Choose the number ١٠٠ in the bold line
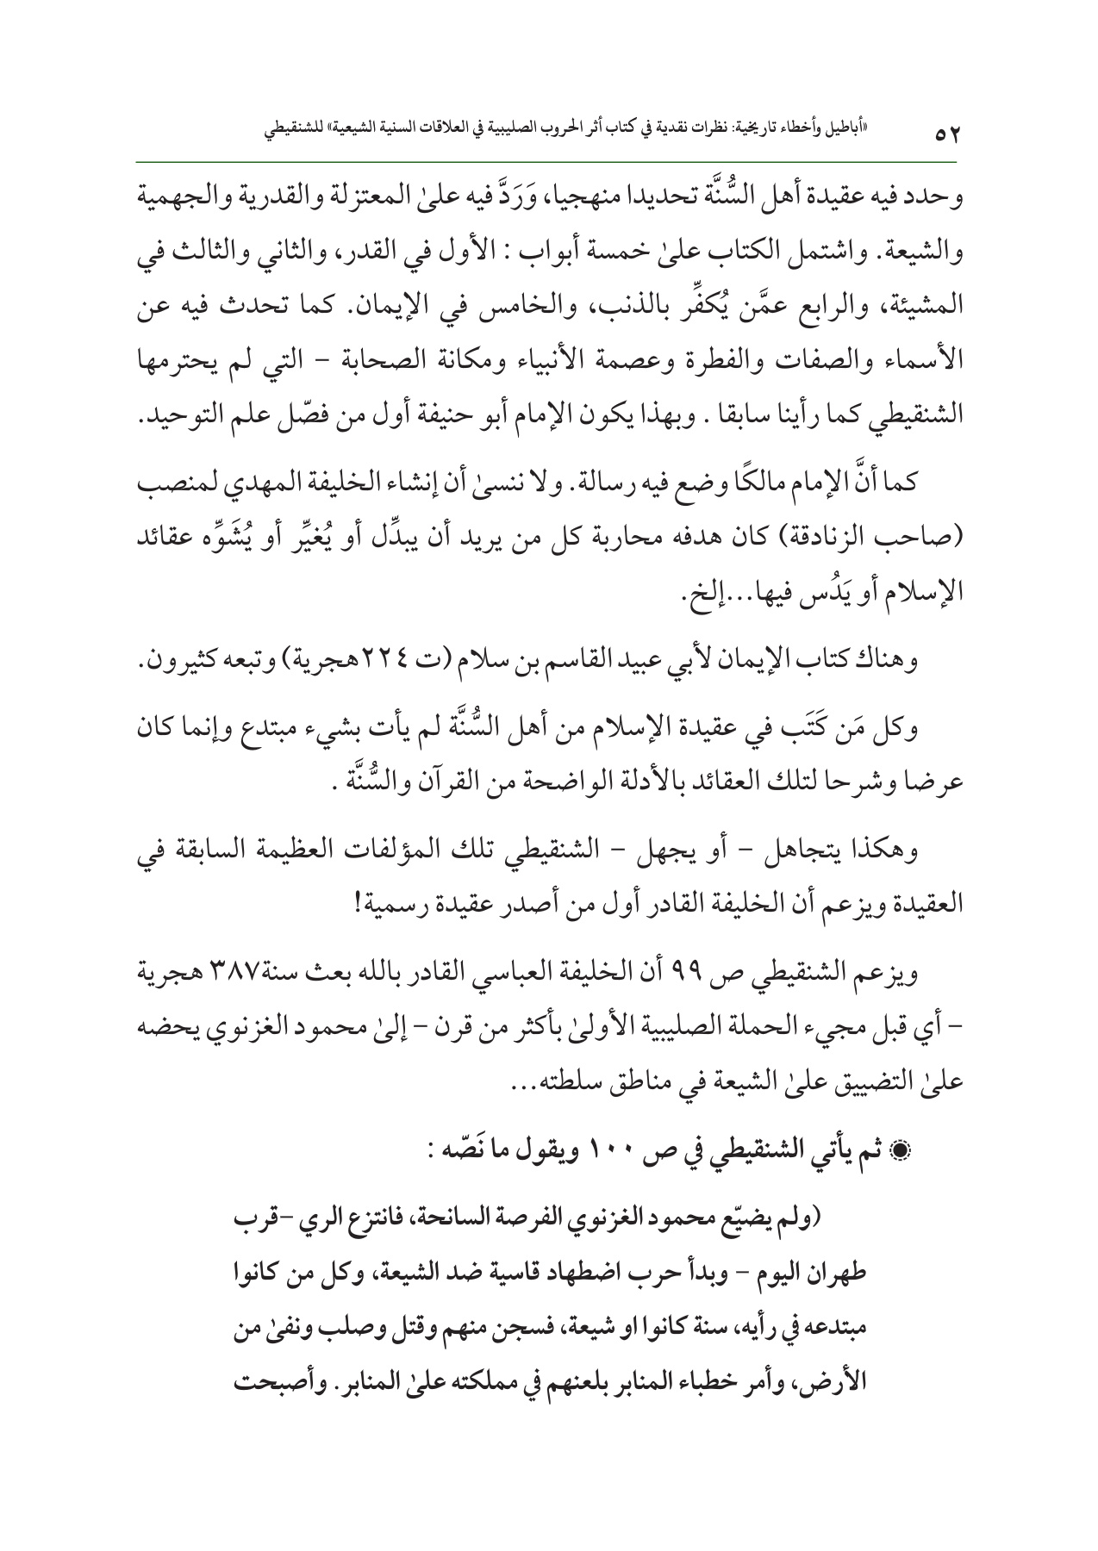click(610, 1155)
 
